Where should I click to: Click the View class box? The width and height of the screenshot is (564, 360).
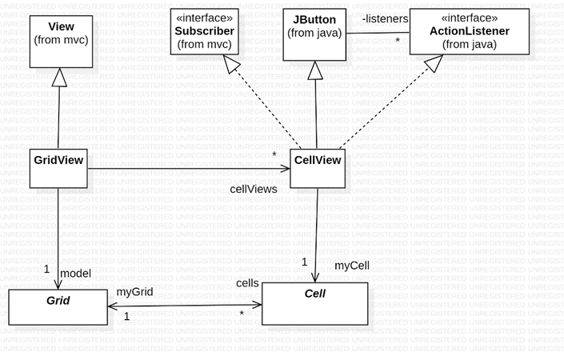coord(61,42)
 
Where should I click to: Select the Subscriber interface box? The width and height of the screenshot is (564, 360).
coord(204,32)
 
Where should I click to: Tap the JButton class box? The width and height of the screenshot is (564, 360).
coord(314,34)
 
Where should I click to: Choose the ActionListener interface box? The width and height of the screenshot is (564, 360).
coord(469,32)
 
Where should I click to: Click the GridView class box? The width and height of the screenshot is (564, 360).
coord(58,168)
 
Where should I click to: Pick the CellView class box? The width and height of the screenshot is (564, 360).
coord(318,168)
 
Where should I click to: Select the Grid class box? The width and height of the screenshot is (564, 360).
coord(58,307)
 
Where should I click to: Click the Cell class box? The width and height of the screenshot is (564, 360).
coord(314,303)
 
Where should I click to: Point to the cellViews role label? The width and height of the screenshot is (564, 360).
coord(254,190)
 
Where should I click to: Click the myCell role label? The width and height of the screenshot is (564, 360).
coord(351,265)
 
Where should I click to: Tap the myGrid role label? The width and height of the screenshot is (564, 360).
coord(134,292)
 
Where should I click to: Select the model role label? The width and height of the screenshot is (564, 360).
coord(75,274)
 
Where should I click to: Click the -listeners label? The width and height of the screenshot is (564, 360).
coord(385,19)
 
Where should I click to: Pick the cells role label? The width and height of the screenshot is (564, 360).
coord(247,283)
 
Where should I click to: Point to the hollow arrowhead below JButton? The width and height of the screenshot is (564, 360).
coord(315,70)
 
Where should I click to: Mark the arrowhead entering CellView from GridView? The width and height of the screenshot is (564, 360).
coord(285,169)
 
